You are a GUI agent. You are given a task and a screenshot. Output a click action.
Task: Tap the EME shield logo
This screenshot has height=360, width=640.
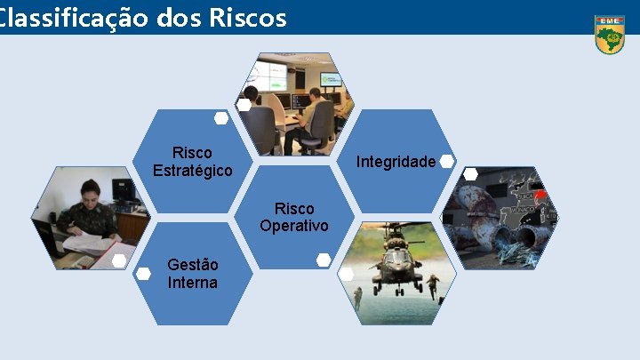point(609,35)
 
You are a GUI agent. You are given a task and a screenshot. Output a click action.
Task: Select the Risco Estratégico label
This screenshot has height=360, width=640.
point(192,162)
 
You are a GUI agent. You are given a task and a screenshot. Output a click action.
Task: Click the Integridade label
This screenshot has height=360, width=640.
point(396,162)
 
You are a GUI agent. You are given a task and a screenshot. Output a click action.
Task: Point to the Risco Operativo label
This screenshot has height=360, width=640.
point(294,217)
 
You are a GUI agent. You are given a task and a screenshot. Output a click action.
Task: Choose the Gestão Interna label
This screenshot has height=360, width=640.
point(192,274)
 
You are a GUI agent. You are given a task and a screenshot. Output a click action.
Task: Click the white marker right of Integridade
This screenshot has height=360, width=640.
point(447,161)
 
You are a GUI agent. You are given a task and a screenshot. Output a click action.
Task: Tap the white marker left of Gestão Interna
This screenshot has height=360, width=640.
point(142,274)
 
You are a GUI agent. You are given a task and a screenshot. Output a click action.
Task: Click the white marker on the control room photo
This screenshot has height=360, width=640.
point(243,105)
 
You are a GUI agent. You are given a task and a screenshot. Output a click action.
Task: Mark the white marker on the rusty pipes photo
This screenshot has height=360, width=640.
point(470,174)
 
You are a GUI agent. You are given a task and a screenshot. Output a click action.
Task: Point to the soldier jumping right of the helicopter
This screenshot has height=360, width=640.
point(432,286)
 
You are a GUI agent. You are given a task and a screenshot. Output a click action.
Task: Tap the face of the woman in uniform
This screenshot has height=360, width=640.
point(90,192)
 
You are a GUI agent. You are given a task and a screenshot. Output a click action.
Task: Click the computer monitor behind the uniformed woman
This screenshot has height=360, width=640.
point(122,190)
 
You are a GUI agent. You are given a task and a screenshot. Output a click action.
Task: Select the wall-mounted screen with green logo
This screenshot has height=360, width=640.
point(330,80)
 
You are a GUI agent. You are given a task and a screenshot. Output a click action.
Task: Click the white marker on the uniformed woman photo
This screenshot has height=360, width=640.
point(119,260)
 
